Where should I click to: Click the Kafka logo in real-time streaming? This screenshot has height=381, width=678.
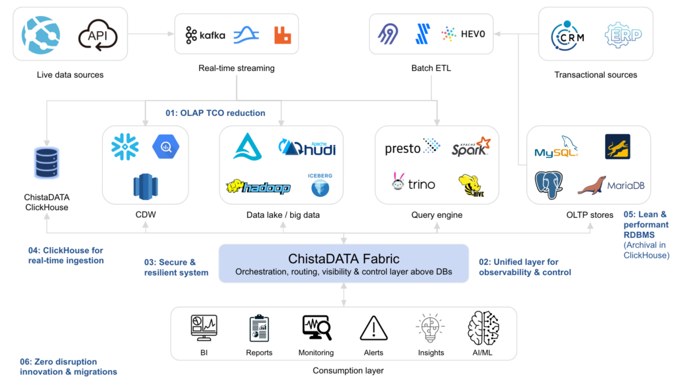205,35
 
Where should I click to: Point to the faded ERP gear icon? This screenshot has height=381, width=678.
622,34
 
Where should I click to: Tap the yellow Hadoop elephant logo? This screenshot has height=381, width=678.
258,187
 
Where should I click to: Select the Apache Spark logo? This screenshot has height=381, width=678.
471,147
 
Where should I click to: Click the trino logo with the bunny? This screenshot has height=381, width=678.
414,184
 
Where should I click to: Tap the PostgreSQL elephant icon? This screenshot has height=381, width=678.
549,185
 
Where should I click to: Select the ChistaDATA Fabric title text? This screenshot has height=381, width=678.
344,258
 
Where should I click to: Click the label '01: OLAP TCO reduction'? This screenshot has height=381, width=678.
215,113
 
